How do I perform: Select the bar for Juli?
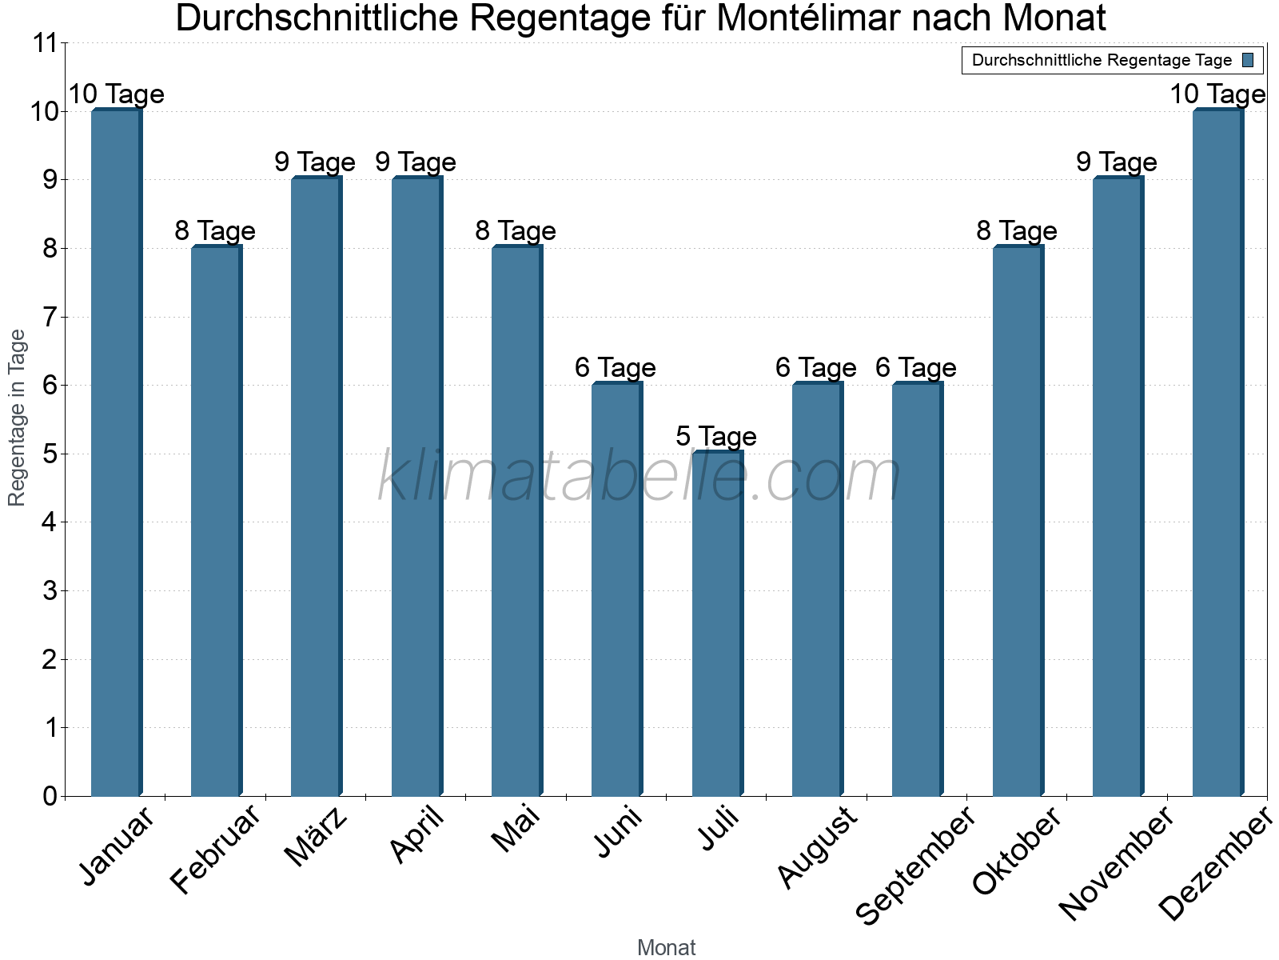[x=717, y=624]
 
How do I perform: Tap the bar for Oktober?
[x=1018, y=521]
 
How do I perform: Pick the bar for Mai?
[x=516, y=521]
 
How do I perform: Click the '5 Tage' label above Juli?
[x=715, y=437]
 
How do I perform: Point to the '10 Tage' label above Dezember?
[x=1217, y=94]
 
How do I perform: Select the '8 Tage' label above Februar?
[x=214, y=231]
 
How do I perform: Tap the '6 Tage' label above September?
[x=915, y=368]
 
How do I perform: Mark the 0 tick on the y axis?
[x=50, y=796]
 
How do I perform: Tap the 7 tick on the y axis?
[x=50, y=317]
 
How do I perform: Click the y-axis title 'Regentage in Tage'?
[x=17, y=418]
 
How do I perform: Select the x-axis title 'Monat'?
[x=666, y=948]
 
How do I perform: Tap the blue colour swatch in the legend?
[x=1249, y=60]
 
